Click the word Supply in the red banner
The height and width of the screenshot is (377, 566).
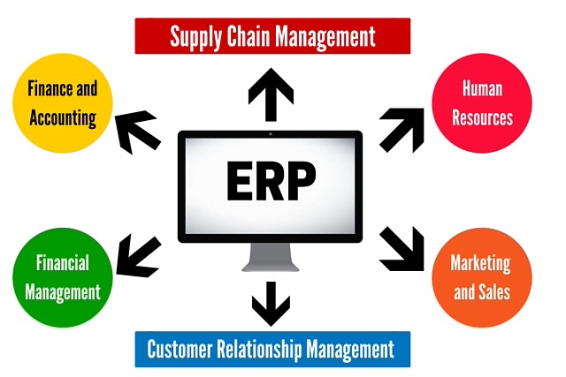196,37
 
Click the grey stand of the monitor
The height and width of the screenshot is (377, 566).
270,256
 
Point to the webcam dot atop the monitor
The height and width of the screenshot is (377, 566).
270,134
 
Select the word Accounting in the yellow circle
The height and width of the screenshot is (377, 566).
61,118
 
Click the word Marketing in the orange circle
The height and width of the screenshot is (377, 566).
481,263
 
